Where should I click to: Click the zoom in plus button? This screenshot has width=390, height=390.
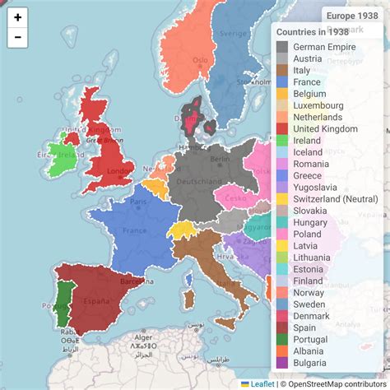(17, 16)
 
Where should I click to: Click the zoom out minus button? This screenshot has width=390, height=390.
(17, 37)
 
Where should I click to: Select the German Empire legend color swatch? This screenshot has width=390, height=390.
(282, 47)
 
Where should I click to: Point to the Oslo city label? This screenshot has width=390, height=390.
(200, 60)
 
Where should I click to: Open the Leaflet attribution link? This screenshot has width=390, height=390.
(262, 383)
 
